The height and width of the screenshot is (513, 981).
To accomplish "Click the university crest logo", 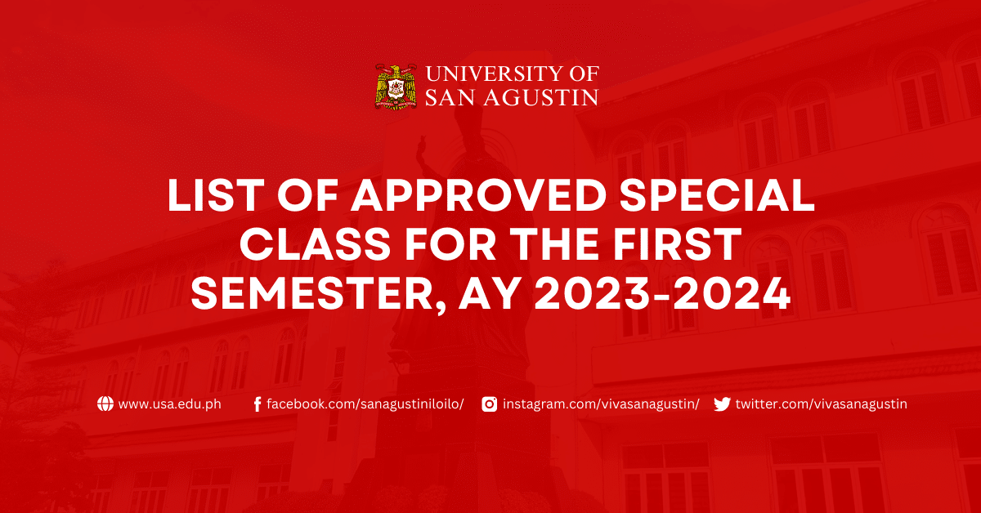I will point(396,87).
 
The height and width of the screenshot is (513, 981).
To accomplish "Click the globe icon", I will point(105,404).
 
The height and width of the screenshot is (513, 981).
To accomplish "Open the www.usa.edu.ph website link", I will point(169,404).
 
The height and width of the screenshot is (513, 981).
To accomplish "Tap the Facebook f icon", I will point(258,404).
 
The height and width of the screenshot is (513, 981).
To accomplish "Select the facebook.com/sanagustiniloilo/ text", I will point(365,404).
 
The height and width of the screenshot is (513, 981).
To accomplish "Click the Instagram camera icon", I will point(489,404).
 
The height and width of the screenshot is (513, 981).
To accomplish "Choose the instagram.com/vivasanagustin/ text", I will point(601,404).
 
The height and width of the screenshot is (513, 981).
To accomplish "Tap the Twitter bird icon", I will point(722,404).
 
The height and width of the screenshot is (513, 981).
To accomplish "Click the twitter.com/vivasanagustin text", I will point(821,404).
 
